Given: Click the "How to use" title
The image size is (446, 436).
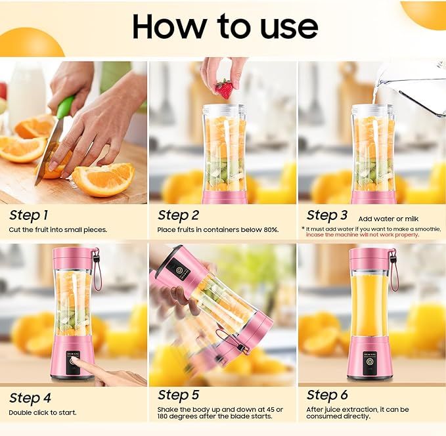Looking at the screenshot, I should point(225,26).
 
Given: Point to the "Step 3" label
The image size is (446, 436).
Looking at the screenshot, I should point(327,215).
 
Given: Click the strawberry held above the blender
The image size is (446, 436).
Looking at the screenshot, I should point(224,89).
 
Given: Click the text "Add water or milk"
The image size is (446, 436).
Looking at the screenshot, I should point(389,218).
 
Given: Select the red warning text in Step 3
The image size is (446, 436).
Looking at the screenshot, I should point(371,234).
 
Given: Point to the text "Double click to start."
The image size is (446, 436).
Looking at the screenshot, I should point(43,412).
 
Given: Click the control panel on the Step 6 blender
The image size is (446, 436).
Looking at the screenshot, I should point(370,359).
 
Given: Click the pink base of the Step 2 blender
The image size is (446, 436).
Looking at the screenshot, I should point(225,197).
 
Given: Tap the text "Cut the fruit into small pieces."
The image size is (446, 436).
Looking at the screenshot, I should point(58,230).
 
